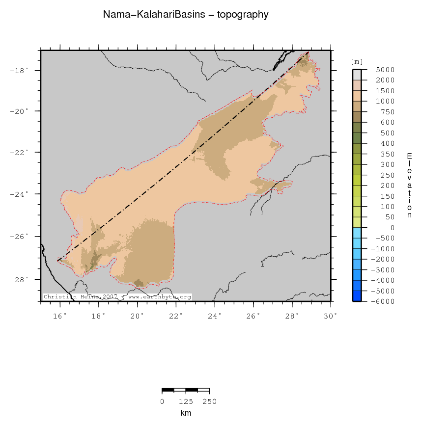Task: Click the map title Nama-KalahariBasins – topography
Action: click(x=186, y=15)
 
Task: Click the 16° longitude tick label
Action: click(x=60, y=316)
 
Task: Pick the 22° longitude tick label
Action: click(x=176, y=316)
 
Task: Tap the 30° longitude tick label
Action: click(x=331, y=316)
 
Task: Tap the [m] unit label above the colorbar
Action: click(x=357, y=61)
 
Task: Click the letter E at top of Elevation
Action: click(x=409, y=156)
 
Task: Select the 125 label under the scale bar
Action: click(x=186, y=402)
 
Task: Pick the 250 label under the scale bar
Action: click(x=209, y=402)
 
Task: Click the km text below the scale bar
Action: click(x=186, y=413)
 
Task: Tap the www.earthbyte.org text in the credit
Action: click(x=159, y=297)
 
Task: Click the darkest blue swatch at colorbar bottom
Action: click(x=357, y=295)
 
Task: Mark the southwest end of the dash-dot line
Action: click(x=58, y=260)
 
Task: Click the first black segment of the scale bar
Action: click(x=168, y=390)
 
